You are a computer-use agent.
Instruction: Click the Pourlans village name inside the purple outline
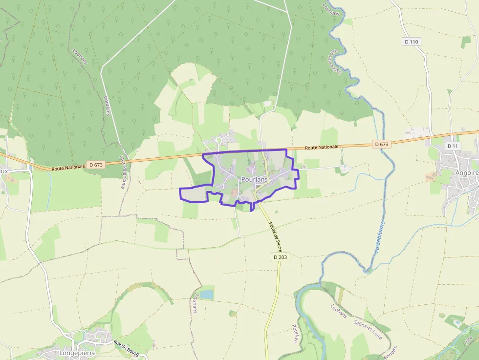tap(254, 180)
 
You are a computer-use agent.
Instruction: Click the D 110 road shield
tap(412, 42)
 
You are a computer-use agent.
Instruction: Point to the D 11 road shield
tap(453, 146)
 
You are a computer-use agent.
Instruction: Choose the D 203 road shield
tap(281, 257)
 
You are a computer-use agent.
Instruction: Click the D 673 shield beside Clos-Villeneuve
tap(96, 165)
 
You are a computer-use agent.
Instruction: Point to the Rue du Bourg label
tap(127, 347)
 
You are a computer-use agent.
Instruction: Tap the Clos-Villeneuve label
tap(123, 172)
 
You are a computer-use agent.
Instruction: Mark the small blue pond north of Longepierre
tap(207, 295)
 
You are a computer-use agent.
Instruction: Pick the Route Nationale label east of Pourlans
tap(321, 148)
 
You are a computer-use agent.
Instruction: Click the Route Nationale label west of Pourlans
tap(68, 168)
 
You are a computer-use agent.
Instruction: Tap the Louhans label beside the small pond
tap(195, 303)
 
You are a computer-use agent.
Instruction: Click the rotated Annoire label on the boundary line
tap(391, 353)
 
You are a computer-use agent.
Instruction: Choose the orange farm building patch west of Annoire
tap(431, 176)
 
